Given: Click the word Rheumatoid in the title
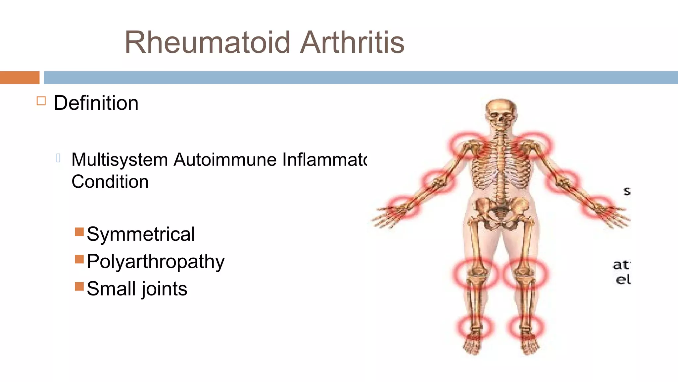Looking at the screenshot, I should point(207,42).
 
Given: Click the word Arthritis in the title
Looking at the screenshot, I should point(352,42).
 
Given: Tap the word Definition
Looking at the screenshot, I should point(96,103).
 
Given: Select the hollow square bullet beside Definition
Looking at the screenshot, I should point(41,101).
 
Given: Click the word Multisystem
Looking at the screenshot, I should point(120,160).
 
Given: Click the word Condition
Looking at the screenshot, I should point(110,182).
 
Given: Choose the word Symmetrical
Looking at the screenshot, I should point(141,234).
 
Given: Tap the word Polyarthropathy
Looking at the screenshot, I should point(156,262).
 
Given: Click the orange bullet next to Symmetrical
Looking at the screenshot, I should point(79,232).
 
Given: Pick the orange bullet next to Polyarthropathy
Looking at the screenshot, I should point(79,259).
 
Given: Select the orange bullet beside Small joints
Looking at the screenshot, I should point(79,286).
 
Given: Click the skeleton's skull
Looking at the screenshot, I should point(501,113).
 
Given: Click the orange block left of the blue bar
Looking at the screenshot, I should point(20,78).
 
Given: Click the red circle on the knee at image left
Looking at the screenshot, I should point(475,274).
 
